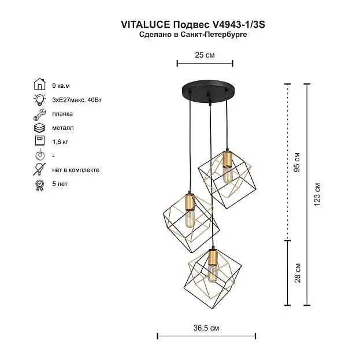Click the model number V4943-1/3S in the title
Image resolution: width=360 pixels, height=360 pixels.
238,24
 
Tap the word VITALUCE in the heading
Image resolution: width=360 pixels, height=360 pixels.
146,24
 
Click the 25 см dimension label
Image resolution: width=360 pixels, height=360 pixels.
205,55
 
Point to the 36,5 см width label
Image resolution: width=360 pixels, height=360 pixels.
206,328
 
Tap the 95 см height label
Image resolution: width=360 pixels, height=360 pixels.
297,162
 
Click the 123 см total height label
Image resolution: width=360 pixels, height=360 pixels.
317,194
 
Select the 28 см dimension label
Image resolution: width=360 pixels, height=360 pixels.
298,273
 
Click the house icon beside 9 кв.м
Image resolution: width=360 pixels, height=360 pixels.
40,84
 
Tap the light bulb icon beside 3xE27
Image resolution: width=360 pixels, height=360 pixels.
39,99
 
